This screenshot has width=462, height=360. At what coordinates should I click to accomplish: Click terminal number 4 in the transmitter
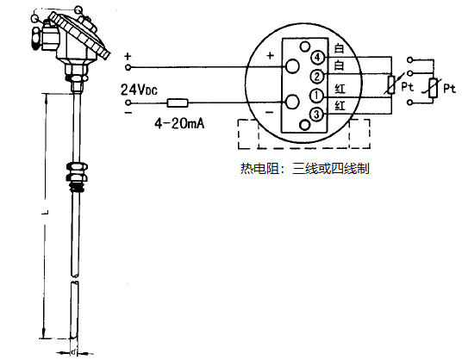pyautogui.click(x=318, y=57)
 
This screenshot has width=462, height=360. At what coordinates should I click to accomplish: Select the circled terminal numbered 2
pyautogui.click(x=317, y=77)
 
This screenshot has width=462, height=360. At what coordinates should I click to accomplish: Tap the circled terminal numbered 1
pyautogui.click(x=317, y=95)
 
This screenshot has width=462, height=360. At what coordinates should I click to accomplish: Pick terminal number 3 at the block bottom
pyautogui.click(x=317, y=114)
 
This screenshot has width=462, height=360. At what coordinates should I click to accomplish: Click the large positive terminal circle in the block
pyautogui.click(x=293, y=66)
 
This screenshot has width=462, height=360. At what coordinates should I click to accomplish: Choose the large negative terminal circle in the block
pyautogui.click(x=293, y=102)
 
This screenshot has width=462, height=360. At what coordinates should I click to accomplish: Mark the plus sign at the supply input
pyautogui.click(x=128, y=57)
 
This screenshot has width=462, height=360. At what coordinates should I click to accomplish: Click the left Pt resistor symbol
pyautogui.click(x=391, y=84)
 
